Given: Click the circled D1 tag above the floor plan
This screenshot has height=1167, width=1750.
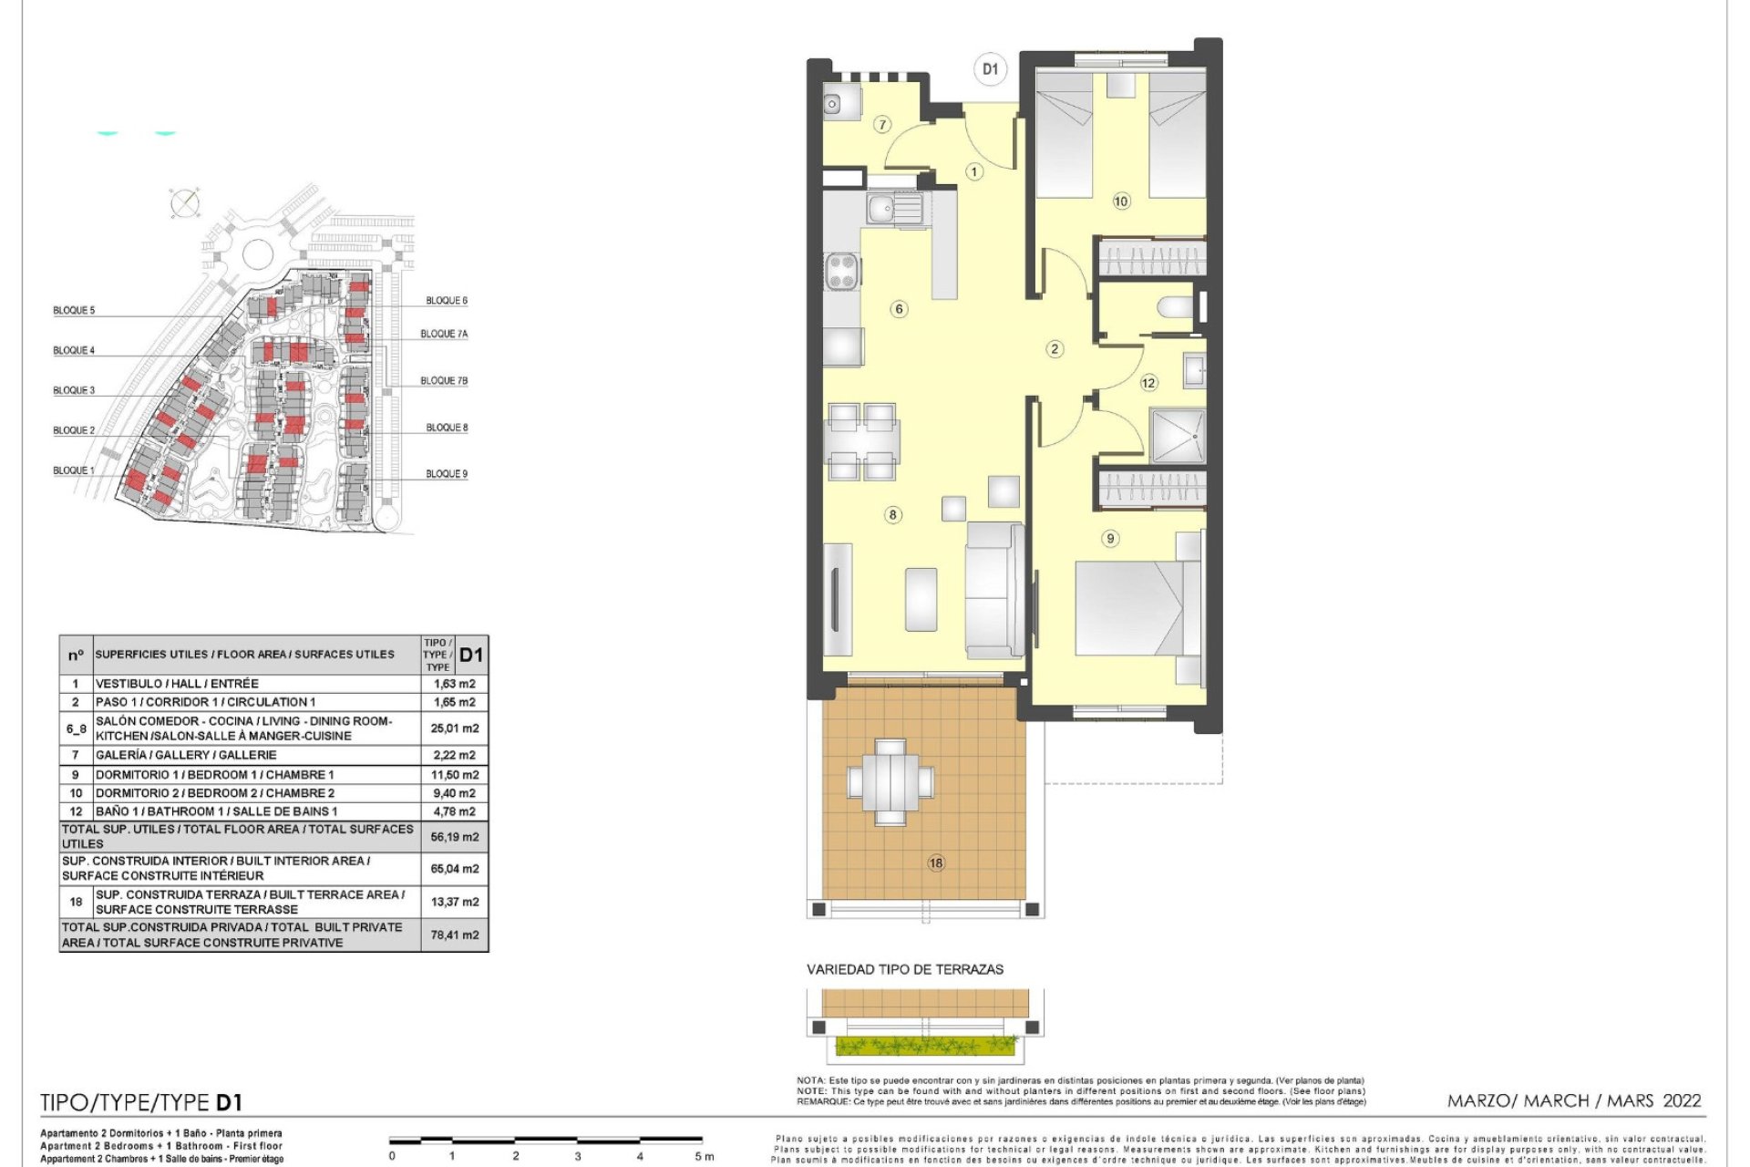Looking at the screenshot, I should [x=990, y=69].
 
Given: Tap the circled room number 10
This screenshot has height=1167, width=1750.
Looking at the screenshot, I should [x=1121, y=201].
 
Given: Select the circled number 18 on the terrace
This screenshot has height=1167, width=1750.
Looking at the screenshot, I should [x=936, y=862].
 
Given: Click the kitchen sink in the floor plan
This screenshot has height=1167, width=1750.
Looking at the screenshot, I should [x=881, y=210].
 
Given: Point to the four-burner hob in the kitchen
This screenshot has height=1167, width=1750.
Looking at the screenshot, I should [x=843, y=272].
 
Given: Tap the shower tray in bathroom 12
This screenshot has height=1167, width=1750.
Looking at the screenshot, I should [x=1178, y=436].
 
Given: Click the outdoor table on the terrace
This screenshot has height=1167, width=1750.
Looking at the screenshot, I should [x=891, y=782].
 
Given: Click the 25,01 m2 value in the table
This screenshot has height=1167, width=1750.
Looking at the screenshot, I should [x=455, y=728].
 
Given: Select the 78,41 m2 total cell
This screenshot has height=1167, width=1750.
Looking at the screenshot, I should [x=455, y=935].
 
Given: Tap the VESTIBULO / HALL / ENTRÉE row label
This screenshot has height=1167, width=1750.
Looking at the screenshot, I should [x=178, y=684].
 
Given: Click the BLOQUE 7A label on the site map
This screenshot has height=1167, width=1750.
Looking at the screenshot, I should [x=444, y=335].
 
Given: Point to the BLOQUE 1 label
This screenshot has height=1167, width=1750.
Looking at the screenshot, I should [x=74, y=471].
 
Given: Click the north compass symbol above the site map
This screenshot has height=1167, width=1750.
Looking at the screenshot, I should [x=185, y=202].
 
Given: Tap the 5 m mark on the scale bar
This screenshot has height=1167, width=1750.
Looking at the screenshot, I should [x=703, y=1156].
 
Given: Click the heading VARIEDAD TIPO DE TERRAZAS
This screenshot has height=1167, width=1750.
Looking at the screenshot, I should [x=904, y=970].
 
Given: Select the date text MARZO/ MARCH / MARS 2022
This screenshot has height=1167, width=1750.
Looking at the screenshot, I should [x=1574, y=1101].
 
